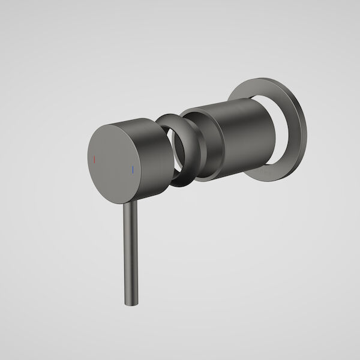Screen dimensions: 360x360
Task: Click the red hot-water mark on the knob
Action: [94, 159]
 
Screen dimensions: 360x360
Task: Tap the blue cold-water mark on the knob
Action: [131, 170]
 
